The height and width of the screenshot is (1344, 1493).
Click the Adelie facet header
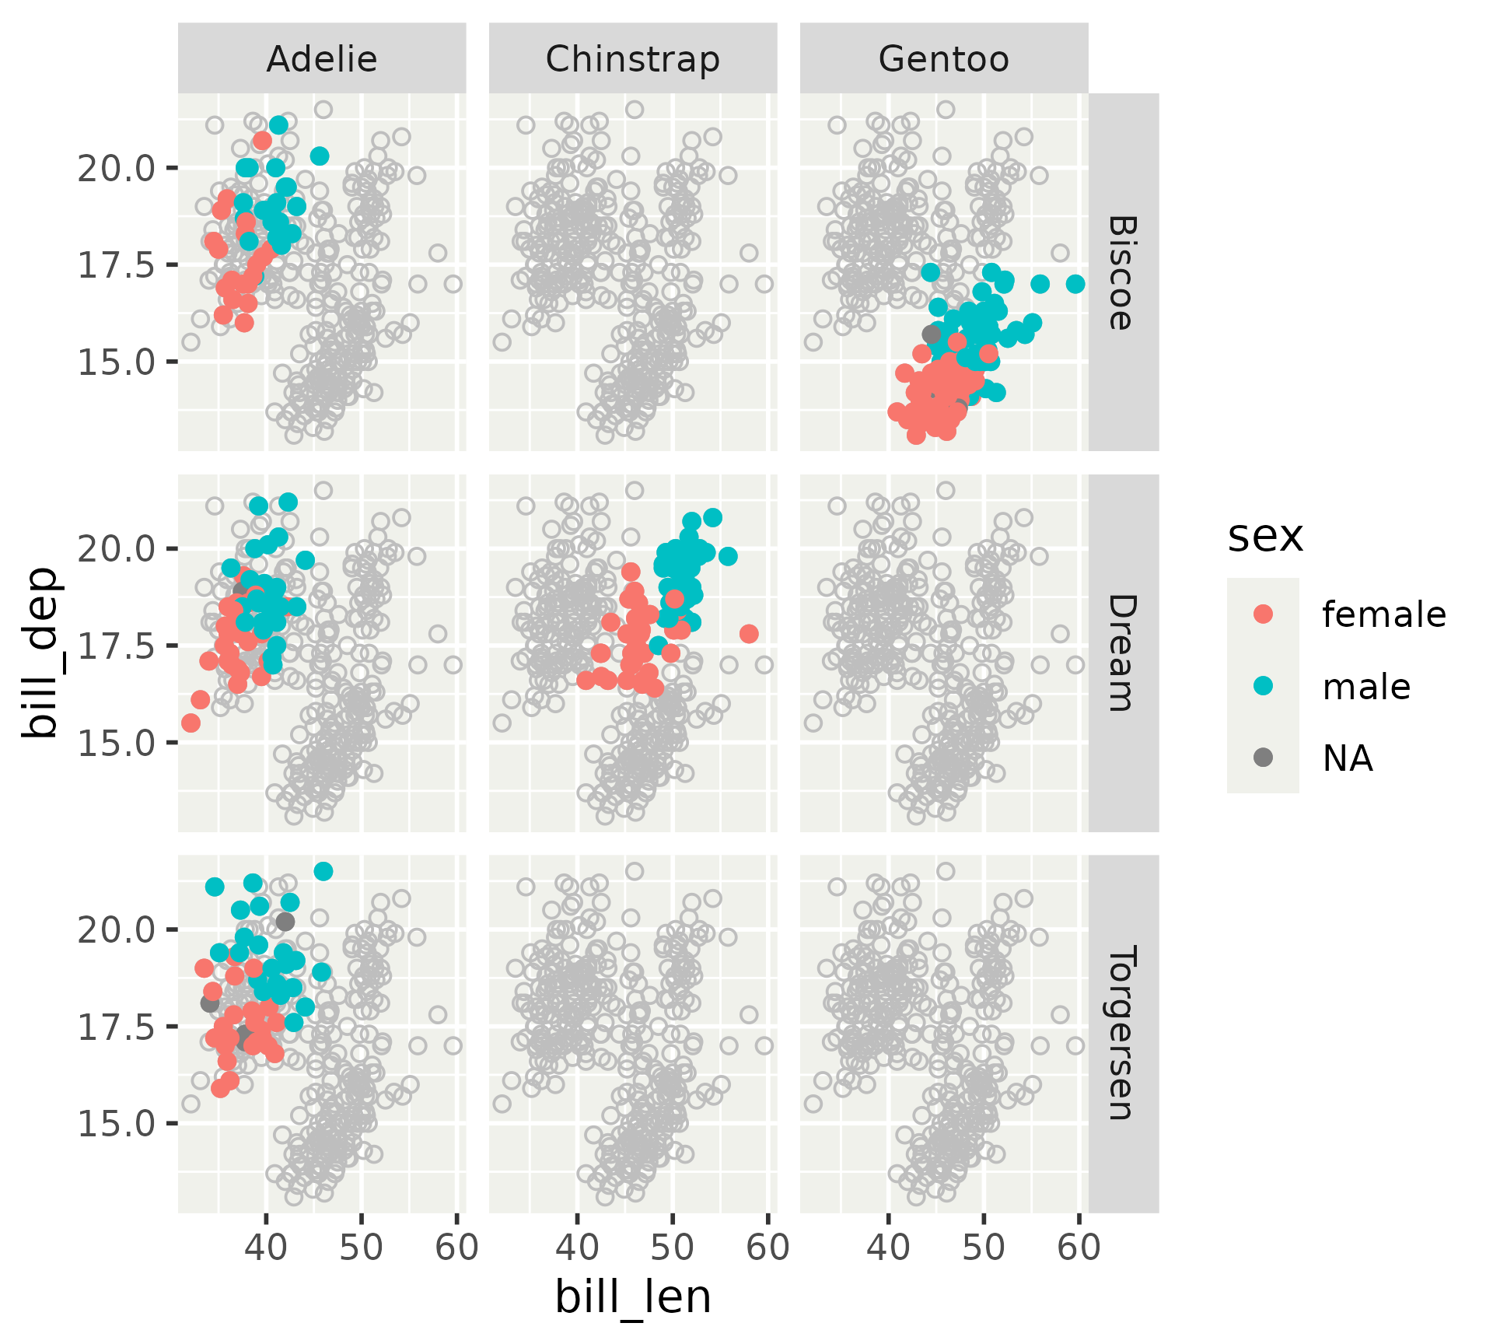tap(322, 59)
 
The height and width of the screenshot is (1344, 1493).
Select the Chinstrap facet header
tap(632, 59)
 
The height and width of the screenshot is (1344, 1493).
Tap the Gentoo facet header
tap(943, 59)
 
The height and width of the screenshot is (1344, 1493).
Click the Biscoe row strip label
tap(1122, 272)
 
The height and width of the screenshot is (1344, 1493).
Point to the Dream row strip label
tap(1122, 653)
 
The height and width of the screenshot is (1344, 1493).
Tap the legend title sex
tap(1265, 537)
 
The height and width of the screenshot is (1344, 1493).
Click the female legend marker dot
tap(1264, 614)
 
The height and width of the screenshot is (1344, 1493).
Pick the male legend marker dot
tap(1264, 685)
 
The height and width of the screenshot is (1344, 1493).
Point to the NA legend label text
tap(1348, 758)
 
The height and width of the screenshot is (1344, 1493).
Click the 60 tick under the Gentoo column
tap(1079, 1248)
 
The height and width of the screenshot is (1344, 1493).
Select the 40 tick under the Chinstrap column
tap(577, 1248)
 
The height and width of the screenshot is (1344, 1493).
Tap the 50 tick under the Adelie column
tap(362, 1248)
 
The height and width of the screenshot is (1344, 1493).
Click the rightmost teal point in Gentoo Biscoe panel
tap(1075, 284)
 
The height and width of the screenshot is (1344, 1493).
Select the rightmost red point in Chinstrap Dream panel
tap(749, 634)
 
